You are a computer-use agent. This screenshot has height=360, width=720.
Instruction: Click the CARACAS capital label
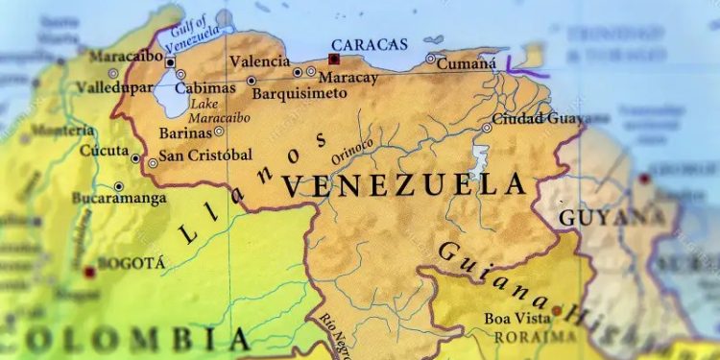click(369, 44)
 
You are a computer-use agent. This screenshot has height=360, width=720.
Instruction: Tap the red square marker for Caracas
click(333, 60)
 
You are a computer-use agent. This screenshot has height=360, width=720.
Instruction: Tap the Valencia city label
click(259, 61)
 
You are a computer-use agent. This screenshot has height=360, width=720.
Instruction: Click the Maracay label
click(348, 78)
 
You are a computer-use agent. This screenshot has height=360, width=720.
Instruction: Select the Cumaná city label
click(467, 64)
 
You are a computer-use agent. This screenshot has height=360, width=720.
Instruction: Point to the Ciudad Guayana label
click(537, 118)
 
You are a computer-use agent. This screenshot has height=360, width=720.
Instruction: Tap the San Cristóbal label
click(205, 155)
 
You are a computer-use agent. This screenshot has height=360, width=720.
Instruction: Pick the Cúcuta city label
click(104, 150)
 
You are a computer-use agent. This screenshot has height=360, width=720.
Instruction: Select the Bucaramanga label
click(118, 199)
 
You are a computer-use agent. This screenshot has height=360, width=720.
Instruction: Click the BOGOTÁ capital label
click(134, 263)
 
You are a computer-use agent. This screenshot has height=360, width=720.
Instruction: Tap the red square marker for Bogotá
click(89, 273)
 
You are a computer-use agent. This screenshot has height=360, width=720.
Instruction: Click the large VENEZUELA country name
click(404, 184)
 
